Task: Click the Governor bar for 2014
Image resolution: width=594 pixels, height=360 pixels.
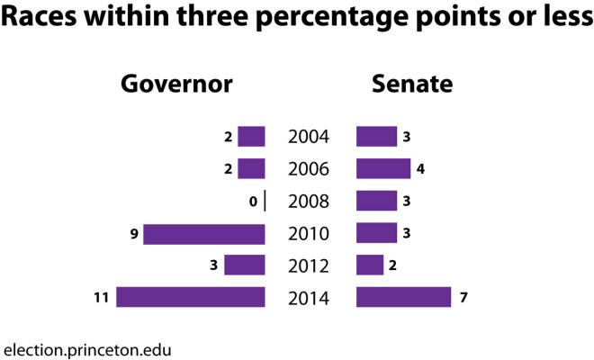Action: click(x=191, y=297)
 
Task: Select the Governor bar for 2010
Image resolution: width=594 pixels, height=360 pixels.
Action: click(x=204, y=234)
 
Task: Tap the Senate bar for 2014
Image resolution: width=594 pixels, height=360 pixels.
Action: click(x=403, y=297)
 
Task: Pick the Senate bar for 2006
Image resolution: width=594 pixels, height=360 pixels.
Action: click(x=383, y=169)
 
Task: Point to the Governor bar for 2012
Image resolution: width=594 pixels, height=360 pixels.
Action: click(x=245, y=265)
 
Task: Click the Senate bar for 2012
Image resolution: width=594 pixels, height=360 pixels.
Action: click(x=370, y=265)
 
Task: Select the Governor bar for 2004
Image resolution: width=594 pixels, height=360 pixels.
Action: click(x=251, y=137)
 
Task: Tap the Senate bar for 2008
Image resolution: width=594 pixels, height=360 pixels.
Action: click(x=376, y=201)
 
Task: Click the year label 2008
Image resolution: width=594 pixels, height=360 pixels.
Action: click(x=309, y=202)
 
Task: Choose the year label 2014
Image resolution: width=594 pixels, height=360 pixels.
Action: click(x=309, y=298)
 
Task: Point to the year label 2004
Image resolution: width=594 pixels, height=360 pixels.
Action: click(x=309, y=138)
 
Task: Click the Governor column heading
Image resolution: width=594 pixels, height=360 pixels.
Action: click(x=177, y=85)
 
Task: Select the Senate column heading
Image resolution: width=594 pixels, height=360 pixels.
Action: click(x=412, y=85)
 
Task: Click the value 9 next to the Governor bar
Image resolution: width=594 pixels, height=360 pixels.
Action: click(x=134, y=234)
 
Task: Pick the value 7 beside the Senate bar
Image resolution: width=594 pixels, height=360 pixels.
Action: click(x=463, y=297)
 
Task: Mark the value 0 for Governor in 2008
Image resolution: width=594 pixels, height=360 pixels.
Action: click(x=255, y=202)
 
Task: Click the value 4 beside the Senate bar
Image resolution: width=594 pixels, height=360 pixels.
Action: click(x=423, y=169)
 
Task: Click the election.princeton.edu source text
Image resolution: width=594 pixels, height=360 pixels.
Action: click(x=87, y=347)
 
